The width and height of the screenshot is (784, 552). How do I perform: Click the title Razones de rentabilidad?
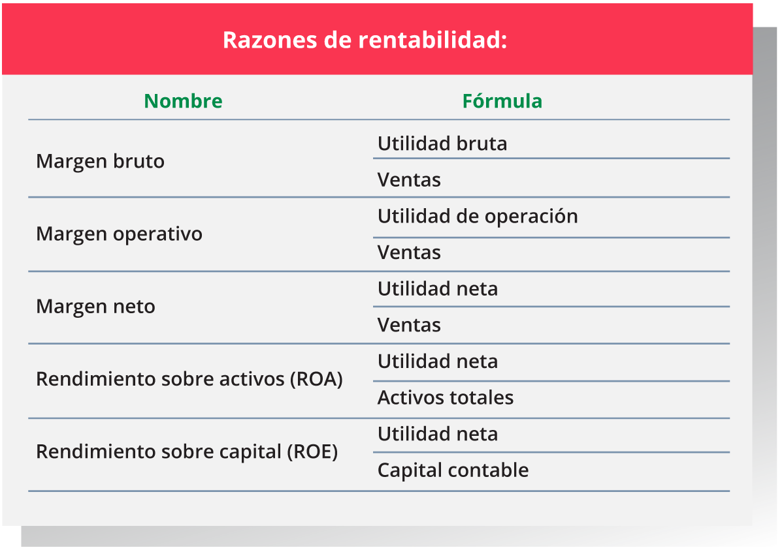365,40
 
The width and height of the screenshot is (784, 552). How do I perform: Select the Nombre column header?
183,101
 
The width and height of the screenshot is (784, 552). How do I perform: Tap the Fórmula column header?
502,100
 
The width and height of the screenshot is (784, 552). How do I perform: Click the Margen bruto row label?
100,162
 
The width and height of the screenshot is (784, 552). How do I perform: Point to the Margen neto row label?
95,307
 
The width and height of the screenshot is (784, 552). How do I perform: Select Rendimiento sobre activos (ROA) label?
189,379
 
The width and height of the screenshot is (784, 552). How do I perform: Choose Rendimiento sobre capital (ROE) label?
187,452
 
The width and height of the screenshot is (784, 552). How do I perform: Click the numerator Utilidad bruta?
442,144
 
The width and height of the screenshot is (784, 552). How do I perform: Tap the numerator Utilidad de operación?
478,217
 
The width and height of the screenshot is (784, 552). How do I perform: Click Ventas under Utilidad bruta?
409,180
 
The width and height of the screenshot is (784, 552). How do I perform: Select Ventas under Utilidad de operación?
409,253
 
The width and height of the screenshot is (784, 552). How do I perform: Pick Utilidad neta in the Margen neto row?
438,289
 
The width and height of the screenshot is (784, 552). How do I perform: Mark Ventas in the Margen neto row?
409,325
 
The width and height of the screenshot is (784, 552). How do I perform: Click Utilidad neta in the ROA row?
438,361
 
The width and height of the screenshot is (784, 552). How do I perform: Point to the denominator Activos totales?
446,397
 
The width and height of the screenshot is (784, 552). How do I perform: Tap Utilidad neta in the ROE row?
438,434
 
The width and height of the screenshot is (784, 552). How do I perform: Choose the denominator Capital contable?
453,470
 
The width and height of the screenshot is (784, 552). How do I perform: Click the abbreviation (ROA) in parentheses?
316,379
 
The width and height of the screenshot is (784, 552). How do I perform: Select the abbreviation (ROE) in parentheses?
312,452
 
